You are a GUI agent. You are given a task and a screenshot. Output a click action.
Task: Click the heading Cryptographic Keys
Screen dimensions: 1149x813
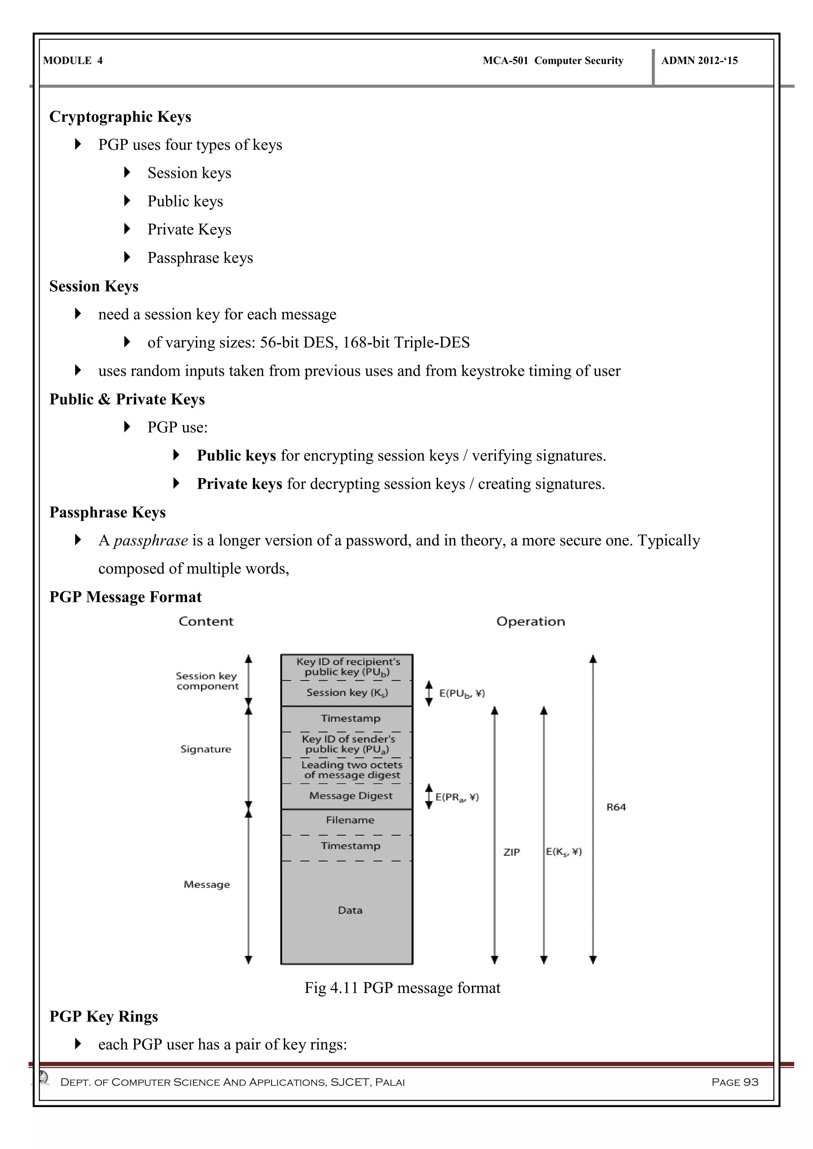click(x=120, y=117)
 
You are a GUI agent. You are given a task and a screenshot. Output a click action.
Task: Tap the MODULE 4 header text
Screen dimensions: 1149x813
click(x=73, y=61)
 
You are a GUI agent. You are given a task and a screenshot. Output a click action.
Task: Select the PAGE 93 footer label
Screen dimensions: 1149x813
click(x=734, y=1082)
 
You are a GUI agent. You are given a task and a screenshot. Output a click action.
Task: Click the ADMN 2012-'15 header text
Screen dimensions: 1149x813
click(x=699, y=61)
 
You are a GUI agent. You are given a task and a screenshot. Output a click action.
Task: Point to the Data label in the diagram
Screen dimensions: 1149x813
click(x=350, y=910)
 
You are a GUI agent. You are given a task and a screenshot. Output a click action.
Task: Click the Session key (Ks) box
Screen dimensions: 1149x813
click(x=347, y=693)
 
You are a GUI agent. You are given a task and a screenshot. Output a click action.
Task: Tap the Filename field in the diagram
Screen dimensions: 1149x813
click(x=350, y=820)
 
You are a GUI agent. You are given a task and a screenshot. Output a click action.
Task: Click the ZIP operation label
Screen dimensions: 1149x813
click(x=512, y=852)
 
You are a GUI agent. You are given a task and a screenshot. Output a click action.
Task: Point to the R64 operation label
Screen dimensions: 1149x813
click(x=616, y=807)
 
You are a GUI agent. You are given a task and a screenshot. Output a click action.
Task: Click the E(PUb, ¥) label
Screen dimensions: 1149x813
click(x=462, y=694)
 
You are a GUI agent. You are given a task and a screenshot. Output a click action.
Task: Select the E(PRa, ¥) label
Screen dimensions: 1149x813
click(x=457, y=797)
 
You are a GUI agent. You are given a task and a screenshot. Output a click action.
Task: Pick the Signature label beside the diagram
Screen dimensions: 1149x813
click(x=206, y=749)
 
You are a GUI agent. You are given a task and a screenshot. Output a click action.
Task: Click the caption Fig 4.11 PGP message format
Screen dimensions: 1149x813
click(x=402, y=988)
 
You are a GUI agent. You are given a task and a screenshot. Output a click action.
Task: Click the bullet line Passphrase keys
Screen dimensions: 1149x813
click(x=200, y=258)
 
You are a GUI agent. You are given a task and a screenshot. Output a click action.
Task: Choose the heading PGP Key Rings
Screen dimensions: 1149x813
click(x=104, y=1016)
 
